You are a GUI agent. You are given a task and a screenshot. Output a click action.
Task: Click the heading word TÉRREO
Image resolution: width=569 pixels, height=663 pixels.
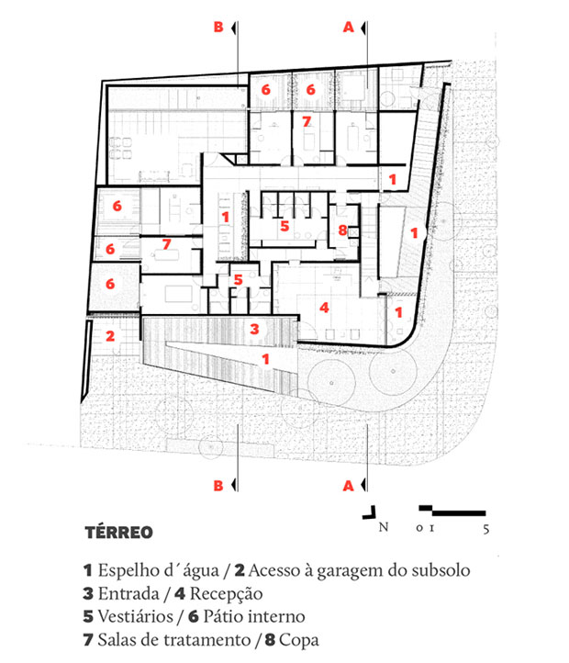tap(118, 533)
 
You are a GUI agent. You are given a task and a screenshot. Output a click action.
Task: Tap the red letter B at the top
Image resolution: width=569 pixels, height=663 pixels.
tap(218, 27)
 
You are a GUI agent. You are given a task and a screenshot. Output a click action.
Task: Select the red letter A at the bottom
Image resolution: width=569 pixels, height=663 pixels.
tap(348, 486)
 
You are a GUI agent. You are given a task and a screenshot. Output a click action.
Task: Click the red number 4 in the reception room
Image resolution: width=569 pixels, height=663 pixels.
tap(324, 308)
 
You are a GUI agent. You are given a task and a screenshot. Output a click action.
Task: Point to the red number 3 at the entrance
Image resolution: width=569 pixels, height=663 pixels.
tap(254, 329)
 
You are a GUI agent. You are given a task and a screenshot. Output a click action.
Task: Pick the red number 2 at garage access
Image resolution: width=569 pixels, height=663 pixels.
tap(110, 336)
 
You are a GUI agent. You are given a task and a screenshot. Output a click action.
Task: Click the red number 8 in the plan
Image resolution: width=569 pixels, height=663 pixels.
tap(342, 230)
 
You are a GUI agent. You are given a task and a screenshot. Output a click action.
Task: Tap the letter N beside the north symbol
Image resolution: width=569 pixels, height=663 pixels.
tap(384, 527)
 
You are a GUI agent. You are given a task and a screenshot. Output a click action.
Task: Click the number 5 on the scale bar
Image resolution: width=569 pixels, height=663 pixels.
tap(486, 529)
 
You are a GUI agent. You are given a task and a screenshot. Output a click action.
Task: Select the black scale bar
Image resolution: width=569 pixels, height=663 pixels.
tap(452, 511)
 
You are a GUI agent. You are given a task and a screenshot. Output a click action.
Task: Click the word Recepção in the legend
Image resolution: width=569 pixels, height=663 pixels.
tap(226, 594)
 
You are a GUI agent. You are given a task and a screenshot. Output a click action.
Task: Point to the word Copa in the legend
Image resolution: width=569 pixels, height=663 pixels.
tap(299, 641)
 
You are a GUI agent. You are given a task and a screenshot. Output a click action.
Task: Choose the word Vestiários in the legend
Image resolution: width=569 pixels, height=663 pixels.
tap(136, 616)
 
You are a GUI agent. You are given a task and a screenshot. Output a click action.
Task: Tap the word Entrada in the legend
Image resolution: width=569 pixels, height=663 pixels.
tap(128, 593)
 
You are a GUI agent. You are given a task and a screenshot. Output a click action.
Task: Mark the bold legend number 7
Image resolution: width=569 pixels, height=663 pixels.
tap(88, 640)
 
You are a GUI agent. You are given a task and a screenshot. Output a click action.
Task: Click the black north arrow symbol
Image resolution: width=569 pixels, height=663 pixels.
tap(369, 512)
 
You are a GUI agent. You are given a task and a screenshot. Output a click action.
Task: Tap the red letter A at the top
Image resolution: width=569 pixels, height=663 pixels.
tap(348, 27)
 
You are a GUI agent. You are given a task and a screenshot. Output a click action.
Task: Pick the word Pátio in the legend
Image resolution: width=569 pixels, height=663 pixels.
tap(220, 616)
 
